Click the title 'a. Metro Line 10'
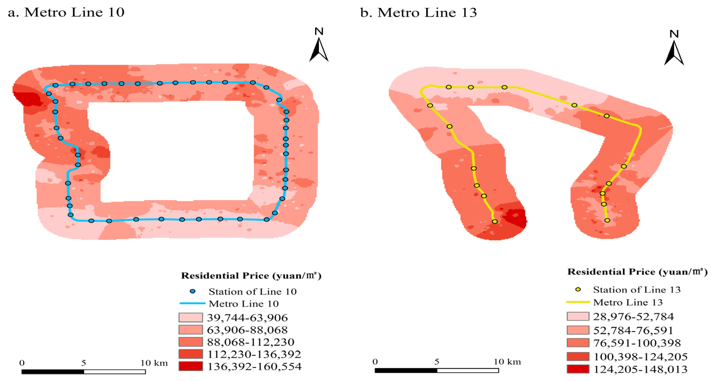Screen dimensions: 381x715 click(x=66, y=12)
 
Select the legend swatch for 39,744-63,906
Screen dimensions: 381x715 click(x=190, y=318)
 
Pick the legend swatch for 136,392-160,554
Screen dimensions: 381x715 click(x=190, y=366)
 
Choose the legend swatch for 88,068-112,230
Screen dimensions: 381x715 click(x=190, y=342)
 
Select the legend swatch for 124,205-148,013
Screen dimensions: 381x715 click(x=578, y=369)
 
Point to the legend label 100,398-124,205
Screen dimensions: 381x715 click(x=640, y=357)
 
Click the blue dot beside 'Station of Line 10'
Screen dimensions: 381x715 click(x=193, y=291)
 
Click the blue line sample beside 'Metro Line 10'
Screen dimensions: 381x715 click(x=193, y=303)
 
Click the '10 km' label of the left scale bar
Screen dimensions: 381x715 click(x=154, y=363)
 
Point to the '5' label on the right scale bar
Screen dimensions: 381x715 click(x=437, y=362)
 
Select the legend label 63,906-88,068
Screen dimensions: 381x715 click(x=247, y=330)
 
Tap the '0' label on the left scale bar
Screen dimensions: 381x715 click(x=22, y=363)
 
